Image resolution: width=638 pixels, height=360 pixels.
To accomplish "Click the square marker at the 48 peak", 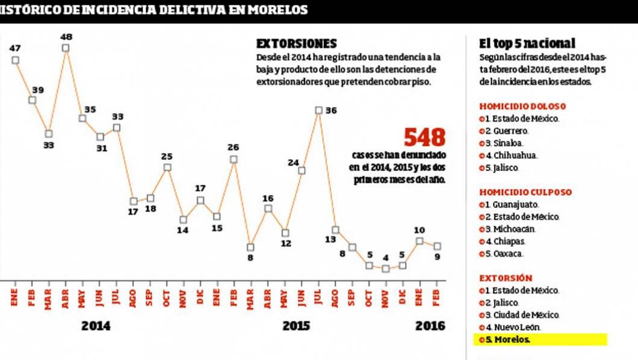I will [x=66, y=48].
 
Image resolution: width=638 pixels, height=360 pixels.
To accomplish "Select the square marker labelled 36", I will [x=318, y=110].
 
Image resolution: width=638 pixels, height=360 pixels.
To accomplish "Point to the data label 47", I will [x=15, y=48].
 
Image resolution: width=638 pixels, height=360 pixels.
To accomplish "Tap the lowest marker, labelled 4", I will [x=386, y=268].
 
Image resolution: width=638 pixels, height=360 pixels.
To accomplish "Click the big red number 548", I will [x=424, y=138].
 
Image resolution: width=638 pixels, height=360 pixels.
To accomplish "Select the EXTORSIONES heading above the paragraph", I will [x=296, y=44].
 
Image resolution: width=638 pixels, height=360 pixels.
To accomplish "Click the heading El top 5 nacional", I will [x=527, y=43].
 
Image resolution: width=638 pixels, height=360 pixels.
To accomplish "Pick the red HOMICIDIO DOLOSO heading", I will [x=522, y=107].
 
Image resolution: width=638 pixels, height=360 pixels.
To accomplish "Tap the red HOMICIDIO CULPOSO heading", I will [x=525, y=193].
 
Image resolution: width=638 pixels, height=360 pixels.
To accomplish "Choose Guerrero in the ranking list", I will [x=507, y=131].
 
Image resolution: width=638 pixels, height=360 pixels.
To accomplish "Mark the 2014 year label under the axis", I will [x=96, y=326].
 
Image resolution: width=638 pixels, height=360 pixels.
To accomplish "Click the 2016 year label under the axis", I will [x=430, y=326].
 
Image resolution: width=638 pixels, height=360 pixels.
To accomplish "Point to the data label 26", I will [x=234, y=147].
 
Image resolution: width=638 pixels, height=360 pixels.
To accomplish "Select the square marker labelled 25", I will [x=167, y=167].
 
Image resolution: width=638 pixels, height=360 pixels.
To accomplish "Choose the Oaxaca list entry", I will [x=504, y=253].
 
